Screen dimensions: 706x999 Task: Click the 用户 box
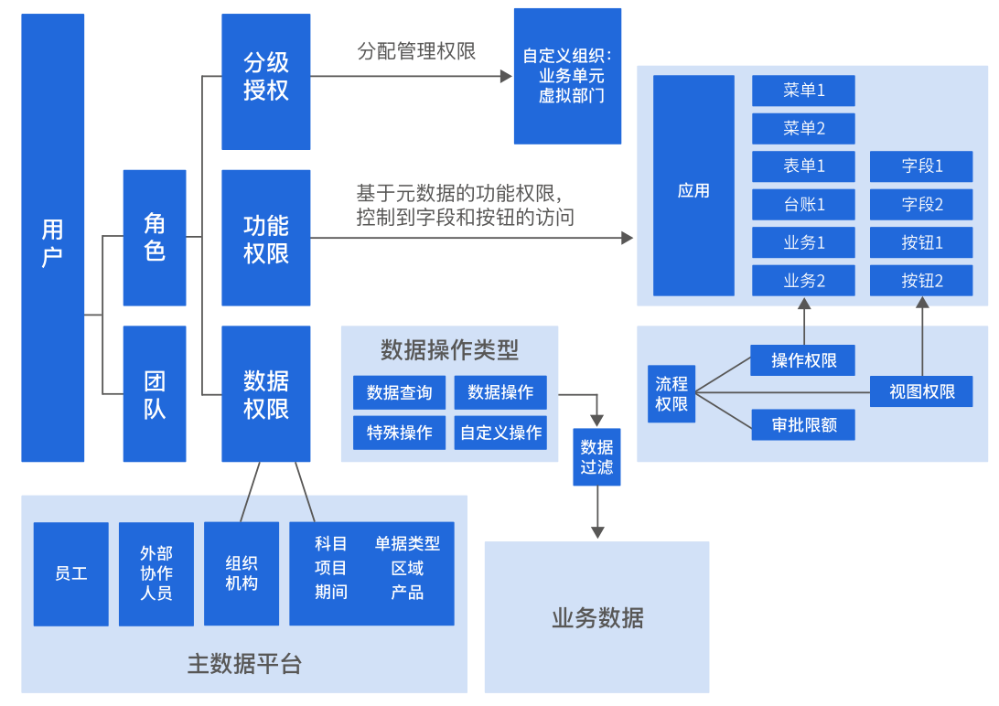coord(53,238)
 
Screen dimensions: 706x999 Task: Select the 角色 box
coord(155,238)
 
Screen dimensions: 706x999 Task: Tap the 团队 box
coord(155,393)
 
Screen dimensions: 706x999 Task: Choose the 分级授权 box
coord(266,81)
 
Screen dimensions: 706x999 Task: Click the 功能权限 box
coord(266,238)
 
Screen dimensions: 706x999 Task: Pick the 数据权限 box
coord(266,393)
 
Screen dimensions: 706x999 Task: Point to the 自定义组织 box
coord(567,76)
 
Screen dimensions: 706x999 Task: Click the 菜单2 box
coord(803,128)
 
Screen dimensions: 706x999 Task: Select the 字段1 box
coord(921,166)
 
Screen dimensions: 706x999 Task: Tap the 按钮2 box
coord(921,281)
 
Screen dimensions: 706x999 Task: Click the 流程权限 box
coord(671,393)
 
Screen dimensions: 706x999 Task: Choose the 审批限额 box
coord(803,424)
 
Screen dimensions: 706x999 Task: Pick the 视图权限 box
coord(921,391)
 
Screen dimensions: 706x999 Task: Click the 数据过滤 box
coord(596,456)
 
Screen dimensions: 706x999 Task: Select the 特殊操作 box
coord(399,433)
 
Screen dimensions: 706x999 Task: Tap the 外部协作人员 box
coord(156,573)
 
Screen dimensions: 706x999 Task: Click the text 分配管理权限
coord(416,51)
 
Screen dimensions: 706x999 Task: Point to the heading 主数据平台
coord(244,664)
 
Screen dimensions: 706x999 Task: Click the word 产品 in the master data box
coord(407,592)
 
